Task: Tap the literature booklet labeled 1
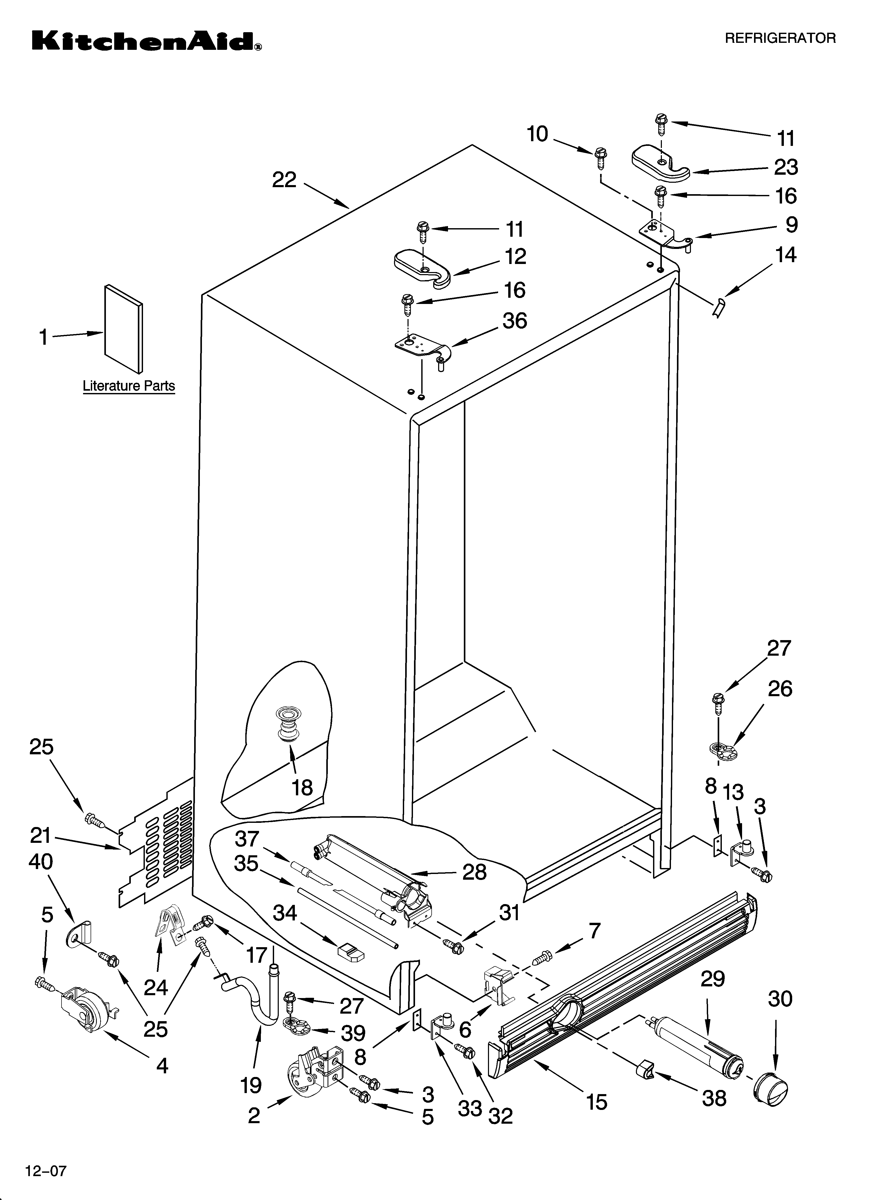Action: click(123, 328)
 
